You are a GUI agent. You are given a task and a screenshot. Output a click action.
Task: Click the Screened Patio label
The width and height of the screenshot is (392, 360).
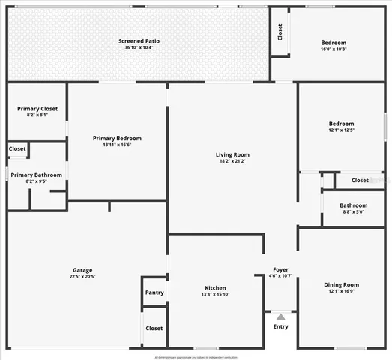[x=139, y=40]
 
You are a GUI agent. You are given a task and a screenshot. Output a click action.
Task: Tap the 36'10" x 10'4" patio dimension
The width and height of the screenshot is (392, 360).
[x=139, y=48]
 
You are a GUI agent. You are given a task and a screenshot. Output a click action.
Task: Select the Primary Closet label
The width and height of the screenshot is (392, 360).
[x=37, y=109]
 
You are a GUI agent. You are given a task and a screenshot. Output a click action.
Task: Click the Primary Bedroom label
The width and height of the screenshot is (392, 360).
[x=117, y=138]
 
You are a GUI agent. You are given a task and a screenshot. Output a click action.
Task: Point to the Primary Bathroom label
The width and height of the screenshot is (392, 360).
[x=37, y=175]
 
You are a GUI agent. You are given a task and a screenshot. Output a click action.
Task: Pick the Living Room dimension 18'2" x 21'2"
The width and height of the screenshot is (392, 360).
[x=233, y=161]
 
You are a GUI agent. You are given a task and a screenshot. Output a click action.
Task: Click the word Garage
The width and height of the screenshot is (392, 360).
[x=82, y=269]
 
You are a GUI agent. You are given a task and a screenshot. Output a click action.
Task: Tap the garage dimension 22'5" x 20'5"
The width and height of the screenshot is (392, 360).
[x=82, y=277]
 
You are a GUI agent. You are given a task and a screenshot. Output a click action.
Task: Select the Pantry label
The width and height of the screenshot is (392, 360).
[x=154, y=292]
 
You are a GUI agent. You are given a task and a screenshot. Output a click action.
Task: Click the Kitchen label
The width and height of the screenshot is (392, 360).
[x=216, y=287]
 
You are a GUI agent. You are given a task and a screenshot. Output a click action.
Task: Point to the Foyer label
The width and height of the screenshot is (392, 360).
[x=280, y=269]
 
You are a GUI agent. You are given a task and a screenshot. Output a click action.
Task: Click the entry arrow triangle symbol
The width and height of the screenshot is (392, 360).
[x=280, y=316]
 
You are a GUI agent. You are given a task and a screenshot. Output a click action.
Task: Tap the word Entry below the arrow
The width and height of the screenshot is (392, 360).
[x=280, y=326]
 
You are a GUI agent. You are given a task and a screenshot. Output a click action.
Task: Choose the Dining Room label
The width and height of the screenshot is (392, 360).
[x=341, y=284]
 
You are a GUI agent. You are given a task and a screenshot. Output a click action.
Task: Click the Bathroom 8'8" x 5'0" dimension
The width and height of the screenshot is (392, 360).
[x=353, y=212]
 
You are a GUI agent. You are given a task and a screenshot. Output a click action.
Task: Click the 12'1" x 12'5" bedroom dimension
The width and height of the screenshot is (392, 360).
[x=341, y=130]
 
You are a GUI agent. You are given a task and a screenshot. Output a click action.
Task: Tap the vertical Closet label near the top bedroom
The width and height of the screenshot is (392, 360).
[x=280, y=33]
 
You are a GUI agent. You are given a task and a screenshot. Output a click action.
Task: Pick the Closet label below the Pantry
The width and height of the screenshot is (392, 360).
[x=154, y=328]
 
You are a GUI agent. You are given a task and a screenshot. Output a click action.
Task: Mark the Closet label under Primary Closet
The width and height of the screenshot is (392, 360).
[x=17, y=148]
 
